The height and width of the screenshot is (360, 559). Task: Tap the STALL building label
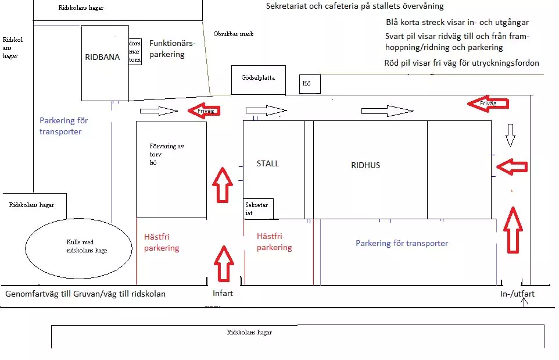(x=268, y=163)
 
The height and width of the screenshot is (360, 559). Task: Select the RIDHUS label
(x=365, y=165)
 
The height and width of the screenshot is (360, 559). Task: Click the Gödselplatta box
(x=258, y=77)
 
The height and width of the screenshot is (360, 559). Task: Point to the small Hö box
(x=309, y=84)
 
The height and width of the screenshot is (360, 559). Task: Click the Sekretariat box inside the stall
(x=257, y=209)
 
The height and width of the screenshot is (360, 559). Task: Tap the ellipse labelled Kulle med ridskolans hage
(x=79, y=247)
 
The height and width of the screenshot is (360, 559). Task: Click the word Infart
(x=223, y=293)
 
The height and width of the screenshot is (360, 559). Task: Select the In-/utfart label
(x=517, y=294)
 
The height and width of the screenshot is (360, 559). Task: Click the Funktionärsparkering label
(x=171, y=49)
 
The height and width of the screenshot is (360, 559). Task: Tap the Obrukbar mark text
(x=234, y=34)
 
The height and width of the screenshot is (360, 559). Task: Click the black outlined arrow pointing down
(x=510, y=135)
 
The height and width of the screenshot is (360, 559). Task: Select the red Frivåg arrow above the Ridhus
(x=488, y=104)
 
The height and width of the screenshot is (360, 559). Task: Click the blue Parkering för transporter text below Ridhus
(x=402, y=243)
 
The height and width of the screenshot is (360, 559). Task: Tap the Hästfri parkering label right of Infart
(x=274, y=242)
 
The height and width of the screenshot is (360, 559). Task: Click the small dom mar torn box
(x=135, y=51)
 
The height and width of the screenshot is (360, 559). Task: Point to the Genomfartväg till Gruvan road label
(x=85, y=294)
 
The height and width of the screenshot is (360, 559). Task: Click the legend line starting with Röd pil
(x=462, y=63)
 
